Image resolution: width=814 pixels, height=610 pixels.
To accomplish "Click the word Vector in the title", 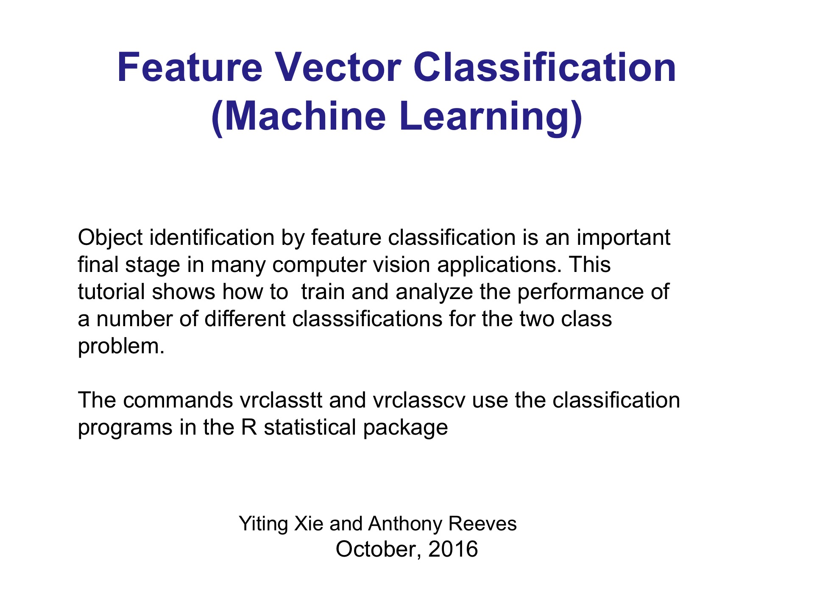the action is [338, 67].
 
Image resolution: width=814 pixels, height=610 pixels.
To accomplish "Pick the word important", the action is [623, 238].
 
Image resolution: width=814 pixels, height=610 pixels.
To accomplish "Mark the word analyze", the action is [434, 292].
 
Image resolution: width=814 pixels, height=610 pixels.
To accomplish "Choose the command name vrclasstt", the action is [281, 400].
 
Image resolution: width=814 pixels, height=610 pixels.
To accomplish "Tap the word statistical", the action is [310, 427].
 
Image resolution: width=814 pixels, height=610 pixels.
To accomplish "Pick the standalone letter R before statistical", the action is [249, 427].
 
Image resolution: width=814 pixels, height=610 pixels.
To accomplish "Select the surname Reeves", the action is [482, 524].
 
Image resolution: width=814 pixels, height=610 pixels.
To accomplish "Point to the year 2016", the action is [453, 549].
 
